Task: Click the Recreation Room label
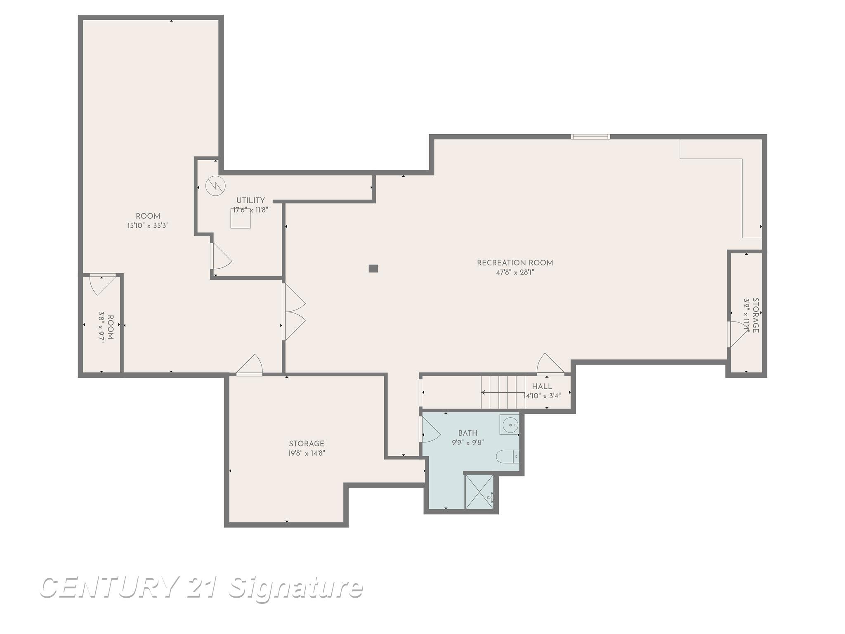(x=515, y=263)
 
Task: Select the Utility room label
(x=250, y=201)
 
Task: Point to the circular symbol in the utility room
(x=215, y=186)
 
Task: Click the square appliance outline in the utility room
(x=241, y=218)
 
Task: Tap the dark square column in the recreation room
(x=373, y=268)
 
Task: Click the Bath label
(x=468, y=433)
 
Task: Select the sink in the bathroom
(x=510, y=424)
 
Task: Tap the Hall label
(x=542, y=387)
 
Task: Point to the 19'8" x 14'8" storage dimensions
(x=307, y=453)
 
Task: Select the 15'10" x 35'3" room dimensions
(x=148, y=225)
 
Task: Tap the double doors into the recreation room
(x=294, y=312)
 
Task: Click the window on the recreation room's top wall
(x=590, y=137)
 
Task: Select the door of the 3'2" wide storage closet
(x=738, y=334)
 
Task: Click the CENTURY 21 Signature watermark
(x=201, y=587)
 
